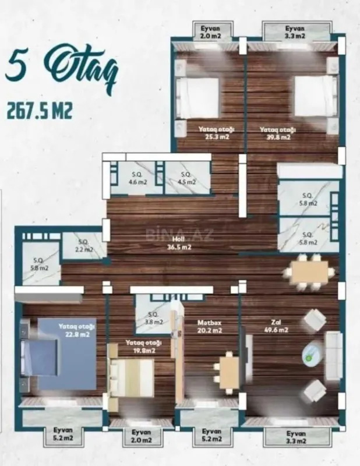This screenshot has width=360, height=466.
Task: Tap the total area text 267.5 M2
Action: point(40,111)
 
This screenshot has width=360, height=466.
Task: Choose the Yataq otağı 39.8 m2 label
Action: point(278,133)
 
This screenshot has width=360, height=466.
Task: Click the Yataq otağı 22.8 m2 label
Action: point(76,330)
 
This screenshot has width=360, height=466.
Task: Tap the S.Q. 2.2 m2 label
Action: point(84,246)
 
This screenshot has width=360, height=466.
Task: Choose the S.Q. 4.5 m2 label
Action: point(187,178)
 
